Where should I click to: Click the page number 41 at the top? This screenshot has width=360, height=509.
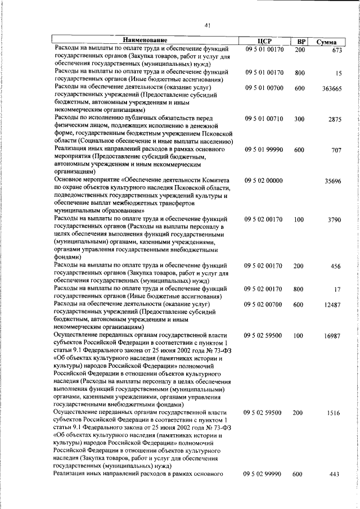(208, 25)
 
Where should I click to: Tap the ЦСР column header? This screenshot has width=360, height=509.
(264, 41)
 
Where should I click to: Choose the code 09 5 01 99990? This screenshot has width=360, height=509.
(264, 150)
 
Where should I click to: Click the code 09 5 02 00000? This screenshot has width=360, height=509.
(264, 181)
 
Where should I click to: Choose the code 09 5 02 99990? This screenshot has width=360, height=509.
(264, 475)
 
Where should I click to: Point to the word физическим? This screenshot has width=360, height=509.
(73, 126)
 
